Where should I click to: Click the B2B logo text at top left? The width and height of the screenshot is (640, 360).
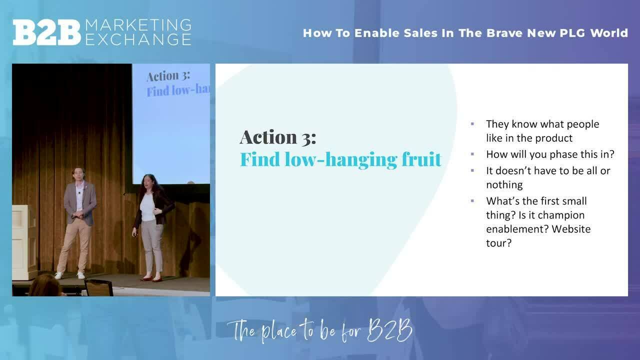click(46, 32)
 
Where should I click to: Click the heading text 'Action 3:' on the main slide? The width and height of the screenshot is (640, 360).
click(277, 137)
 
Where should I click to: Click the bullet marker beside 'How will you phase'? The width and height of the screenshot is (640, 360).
click(472, 154)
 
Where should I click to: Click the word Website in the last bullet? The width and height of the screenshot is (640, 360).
click(571, 229)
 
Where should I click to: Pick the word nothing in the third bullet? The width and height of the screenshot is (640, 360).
click(504, 184)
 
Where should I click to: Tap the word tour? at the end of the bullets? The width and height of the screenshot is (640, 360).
click(498, 243)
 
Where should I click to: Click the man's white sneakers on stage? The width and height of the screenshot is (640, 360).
click(69, 275)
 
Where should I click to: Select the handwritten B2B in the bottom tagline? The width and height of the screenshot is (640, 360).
click(389, 330)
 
